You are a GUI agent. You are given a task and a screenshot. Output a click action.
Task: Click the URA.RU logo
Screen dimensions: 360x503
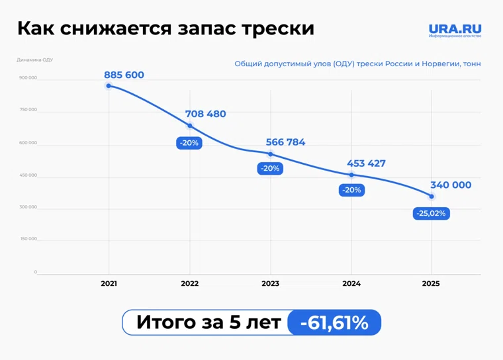click(x=455, y=30)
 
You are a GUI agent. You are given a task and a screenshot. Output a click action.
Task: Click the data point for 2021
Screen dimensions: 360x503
click(x=109, y=86)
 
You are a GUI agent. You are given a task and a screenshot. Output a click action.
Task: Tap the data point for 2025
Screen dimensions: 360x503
click(x=432, y=197)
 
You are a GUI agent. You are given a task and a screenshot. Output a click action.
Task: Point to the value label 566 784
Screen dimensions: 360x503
click(x=285, y=142)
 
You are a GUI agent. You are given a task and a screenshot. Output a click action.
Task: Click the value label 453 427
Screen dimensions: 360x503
click(x=366, y=163)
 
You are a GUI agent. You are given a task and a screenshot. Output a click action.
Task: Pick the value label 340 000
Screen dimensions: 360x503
click(x=451, y=185)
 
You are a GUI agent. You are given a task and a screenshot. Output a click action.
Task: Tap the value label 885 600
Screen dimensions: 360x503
click(x=124, y=75)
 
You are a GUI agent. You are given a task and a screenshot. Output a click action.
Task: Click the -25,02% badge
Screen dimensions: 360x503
click(x=432, y=213)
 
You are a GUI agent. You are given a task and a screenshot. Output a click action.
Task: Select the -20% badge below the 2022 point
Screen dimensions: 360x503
click(x=189, y=143)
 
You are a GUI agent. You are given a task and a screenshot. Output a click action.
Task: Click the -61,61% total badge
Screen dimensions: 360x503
click(x=334, y=322)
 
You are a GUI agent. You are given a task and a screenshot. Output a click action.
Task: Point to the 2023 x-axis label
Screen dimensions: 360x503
click(x=270, y=283)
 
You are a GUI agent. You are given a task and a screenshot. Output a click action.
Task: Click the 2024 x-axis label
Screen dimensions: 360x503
click(x=351, y=283)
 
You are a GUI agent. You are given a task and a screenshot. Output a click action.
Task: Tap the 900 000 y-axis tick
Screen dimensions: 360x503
click(x=28, y=78)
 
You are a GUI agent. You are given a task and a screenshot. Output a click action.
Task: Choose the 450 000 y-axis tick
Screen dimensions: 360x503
click(x=28, y=175)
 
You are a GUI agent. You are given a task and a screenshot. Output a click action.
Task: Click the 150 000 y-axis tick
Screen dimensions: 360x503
click(x=28, y=239)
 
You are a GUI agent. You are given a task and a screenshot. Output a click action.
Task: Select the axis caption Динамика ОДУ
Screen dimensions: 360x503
click(x=34, y=60)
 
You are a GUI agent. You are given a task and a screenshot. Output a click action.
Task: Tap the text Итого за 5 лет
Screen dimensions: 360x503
click(x=208, y=322)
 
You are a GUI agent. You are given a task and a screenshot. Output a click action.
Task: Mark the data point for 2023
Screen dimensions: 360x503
click(x=270, y=154)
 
